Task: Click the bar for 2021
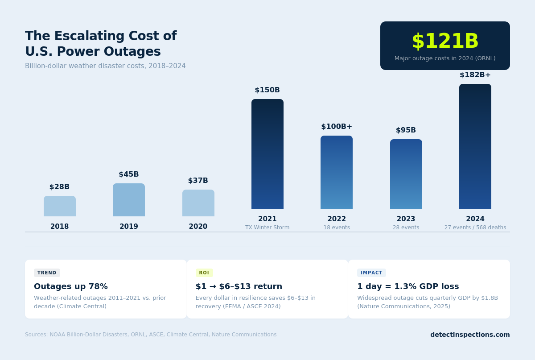pos(267,154)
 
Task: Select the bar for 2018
pos(59,206)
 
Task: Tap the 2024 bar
pos(475,146)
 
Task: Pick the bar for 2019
pos(128,200)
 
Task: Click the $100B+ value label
pos(337,127)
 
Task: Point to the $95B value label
pos(406,130)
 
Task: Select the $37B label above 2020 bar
pos(198,181)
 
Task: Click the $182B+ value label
pos(475,75)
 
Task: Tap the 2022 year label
pos(337,219)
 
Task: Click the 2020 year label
pos(198,227)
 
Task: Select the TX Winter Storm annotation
pos(267,228)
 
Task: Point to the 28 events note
pos(406,228)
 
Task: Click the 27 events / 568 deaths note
pos(475,228)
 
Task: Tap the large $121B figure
pos(445,41)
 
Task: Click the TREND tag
pos(47,273)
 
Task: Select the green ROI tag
pos(204,273)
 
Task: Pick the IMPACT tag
pos(371,273)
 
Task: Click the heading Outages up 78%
pos(71,286)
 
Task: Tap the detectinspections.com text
pos(470,335)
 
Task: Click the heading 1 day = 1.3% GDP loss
pos(408,286)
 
